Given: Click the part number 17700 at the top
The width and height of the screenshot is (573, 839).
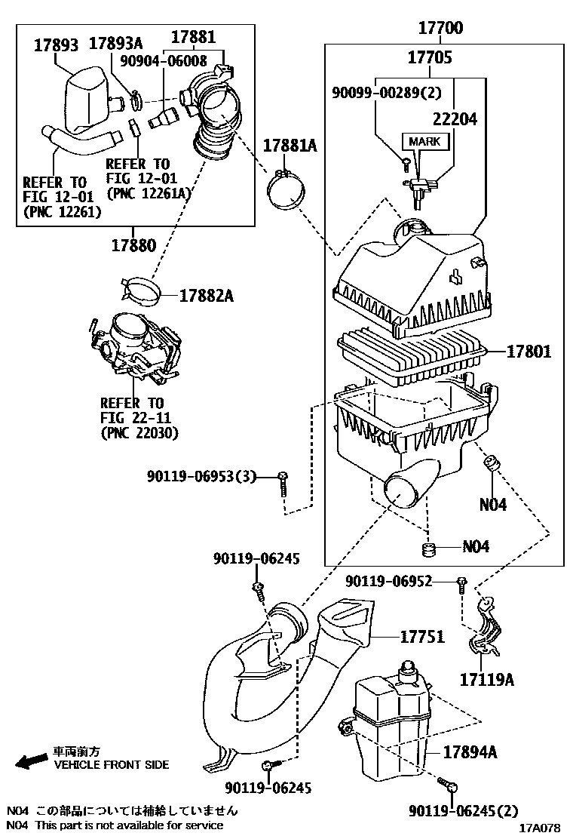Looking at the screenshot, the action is click(440, 27).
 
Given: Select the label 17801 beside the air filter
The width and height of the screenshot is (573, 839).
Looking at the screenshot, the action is click(528, 352).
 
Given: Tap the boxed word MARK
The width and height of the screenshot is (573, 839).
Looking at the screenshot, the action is click(425, 142).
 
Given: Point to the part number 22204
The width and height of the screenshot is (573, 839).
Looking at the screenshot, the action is click(455, 118).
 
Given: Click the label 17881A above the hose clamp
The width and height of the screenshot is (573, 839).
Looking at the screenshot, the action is click(290, 146).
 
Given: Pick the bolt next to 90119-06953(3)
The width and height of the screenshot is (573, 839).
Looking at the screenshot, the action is click(283, 484).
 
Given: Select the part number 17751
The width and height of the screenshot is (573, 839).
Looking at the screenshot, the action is click(422, 637).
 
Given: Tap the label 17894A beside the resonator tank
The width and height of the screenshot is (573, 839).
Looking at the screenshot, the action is click(470, 752).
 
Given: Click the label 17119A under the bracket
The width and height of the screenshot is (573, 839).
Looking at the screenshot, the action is click(487, 680).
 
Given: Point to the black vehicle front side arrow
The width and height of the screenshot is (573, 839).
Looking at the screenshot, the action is click(32, 761).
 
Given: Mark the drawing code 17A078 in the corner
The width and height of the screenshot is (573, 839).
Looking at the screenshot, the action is click(540, 828).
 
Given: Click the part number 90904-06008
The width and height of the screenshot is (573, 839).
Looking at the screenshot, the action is click(163, 60).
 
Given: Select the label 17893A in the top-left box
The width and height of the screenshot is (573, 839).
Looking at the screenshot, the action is click(115, 43).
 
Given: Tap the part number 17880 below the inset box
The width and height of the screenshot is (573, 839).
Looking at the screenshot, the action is click(133, 246).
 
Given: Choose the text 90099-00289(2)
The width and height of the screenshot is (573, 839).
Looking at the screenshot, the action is click(387, 93).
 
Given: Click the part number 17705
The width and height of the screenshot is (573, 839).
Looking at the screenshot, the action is click(430, 57).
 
